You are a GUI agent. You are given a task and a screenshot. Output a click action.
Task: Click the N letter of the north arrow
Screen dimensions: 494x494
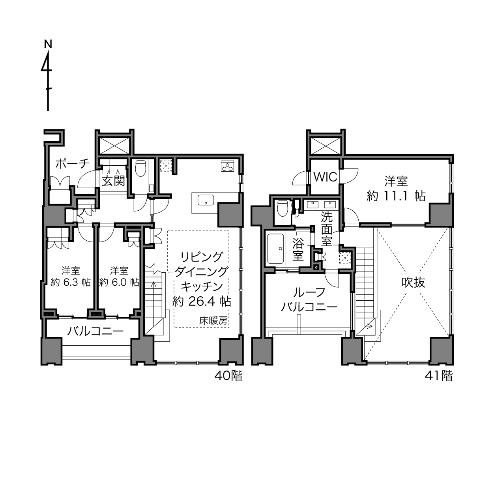click(x=48, y=44)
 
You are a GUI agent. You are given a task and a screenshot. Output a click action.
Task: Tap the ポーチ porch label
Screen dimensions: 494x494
click(x=73, y=164)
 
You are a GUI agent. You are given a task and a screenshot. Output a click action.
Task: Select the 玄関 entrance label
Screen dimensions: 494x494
click(x=114, y=181)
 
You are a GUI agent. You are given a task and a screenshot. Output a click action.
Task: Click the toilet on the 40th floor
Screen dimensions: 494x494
click(x=140, y=168)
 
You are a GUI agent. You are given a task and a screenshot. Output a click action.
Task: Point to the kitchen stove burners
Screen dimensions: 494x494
click(x=227, y=166)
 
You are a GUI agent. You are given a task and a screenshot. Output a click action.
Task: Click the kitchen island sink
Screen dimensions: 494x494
click(x=206, y=200)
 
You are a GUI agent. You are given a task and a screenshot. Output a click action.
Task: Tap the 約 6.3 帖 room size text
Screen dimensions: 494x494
click(x=71, y=283)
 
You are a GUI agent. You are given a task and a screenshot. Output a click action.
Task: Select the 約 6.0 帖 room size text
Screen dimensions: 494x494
click(x=119, y=283)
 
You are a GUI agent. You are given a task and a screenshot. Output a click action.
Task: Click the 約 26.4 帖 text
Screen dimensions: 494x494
click(x=202, y=302)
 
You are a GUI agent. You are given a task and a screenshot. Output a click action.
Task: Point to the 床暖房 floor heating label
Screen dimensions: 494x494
click(x=213, y=321)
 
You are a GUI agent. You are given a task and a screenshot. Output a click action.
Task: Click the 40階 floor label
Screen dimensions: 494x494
click(x=228, y=376)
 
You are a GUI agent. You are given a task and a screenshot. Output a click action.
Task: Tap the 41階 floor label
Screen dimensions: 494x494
click(x=439, y=376)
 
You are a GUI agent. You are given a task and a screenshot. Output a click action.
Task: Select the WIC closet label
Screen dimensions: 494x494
click(x=326, y=177)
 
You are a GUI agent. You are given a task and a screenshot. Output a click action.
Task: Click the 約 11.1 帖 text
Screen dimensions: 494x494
click(x=396, y=196)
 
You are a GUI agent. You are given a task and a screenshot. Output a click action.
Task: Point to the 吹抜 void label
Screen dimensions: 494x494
click(x=413, y=283)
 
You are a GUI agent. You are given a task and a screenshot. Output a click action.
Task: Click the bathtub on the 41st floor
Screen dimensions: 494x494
click(x=275, y=249)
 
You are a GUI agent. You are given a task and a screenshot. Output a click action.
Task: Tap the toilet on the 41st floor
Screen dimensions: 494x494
click(x=283, y=208)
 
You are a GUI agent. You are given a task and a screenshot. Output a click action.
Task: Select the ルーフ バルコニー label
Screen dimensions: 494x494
click(x=309, y=299)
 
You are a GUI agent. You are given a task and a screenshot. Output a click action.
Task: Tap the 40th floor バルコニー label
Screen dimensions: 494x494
click(x=95, y=331)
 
